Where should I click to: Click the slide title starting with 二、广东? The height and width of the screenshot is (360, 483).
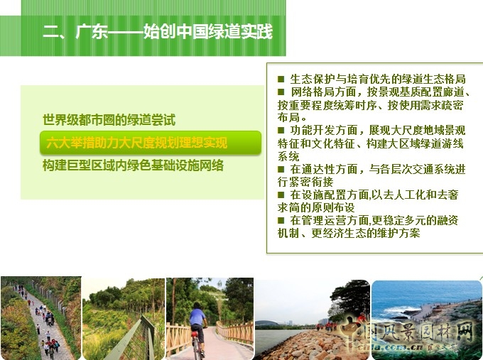pos(157,32)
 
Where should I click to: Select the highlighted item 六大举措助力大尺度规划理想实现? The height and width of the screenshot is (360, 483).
pos(137,143)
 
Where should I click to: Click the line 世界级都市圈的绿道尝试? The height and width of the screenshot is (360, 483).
pos(109,120)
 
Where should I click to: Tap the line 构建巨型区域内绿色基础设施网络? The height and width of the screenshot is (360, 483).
pos(133,165)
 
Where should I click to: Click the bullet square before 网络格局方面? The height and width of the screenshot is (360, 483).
pos(281,92)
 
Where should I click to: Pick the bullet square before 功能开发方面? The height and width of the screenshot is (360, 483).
pos(281,131)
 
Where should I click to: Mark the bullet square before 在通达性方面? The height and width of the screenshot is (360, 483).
pos(281,170)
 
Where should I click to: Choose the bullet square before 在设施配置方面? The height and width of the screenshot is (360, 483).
pos(281,195)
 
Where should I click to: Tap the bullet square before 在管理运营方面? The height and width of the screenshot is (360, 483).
pos(281,221)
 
